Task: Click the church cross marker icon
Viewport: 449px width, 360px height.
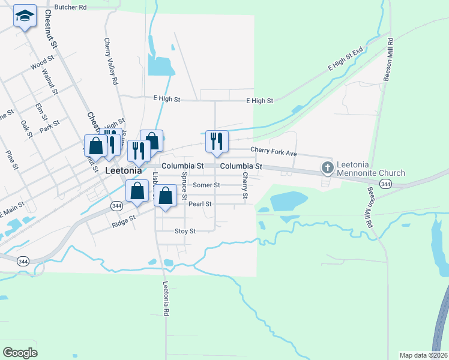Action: coord(327,167)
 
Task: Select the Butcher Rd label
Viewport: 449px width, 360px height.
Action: coord(70,7)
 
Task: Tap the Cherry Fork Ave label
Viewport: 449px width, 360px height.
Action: coord(274,153)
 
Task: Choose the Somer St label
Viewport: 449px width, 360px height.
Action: coord(206,185)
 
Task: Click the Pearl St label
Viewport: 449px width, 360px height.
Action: coord(200,204)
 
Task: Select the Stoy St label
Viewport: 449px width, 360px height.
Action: coord(185,231)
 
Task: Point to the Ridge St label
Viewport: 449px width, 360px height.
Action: coord(124,224)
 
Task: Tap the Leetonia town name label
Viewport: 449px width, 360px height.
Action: coord(123,170)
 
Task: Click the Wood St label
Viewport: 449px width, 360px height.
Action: coord(42,62)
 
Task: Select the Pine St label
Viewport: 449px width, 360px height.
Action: coord(10,159)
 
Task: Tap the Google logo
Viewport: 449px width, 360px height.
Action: coord(19,353)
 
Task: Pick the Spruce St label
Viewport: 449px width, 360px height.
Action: coord(184,186)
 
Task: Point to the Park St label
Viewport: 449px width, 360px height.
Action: coord(49,127)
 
